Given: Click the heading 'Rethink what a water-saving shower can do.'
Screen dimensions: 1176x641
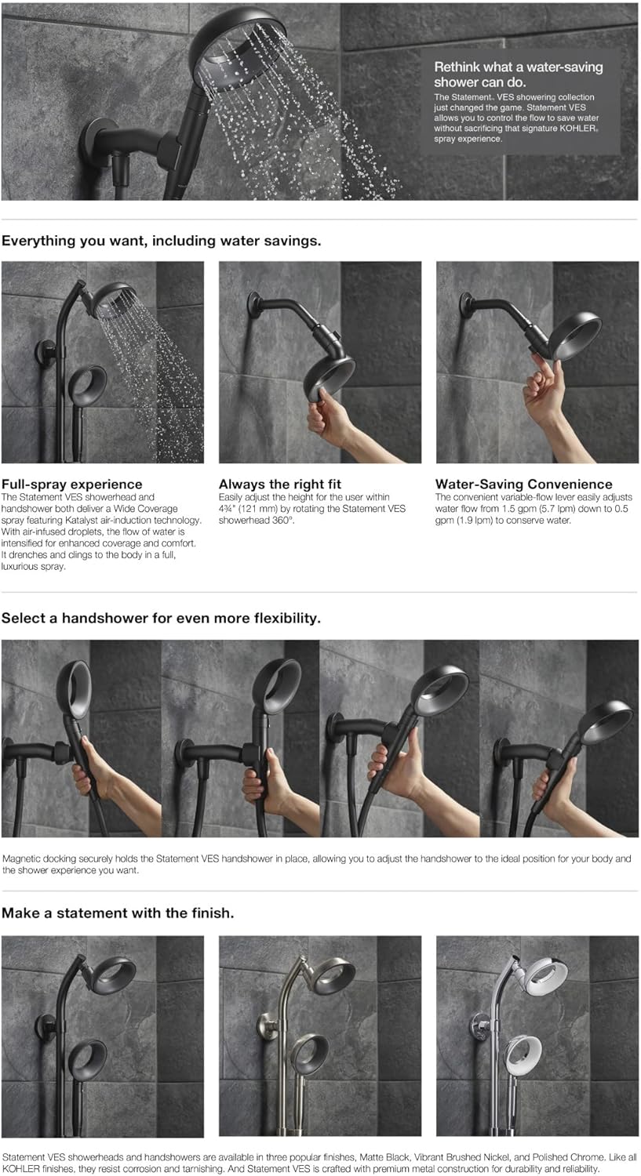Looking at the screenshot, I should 518,74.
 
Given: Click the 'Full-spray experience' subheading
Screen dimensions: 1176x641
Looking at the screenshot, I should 72,484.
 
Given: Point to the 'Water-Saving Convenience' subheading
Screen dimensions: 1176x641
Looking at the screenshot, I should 524,484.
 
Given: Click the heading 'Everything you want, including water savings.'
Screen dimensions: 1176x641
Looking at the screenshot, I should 162,241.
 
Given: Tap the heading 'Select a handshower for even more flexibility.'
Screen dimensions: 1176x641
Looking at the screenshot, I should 161,618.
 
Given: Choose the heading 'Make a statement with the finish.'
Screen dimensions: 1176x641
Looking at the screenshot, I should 118,913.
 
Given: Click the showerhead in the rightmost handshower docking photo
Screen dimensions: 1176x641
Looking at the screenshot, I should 604,720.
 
